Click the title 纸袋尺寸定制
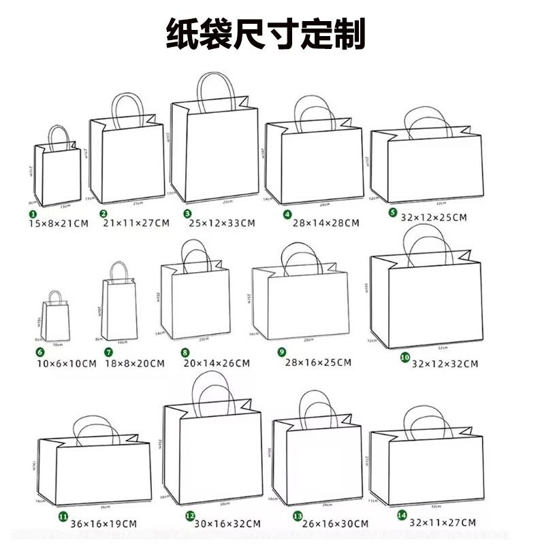(x=266, y=34)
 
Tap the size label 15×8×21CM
(x=59, y=224)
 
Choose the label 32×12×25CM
(x=433, y=218)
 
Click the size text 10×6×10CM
(x=66, y=363)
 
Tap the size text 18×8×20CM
(x=134, y=363)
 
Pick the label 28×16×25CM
(x=318, y=362)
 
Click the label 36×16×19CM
(x=104, y=524)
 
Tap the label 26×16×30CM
(x=334, y=524)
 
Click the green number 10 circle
(x=405, y=357)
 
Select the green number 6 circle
(x=40, y=352)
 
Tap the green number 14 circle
(x=402, y=516)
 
